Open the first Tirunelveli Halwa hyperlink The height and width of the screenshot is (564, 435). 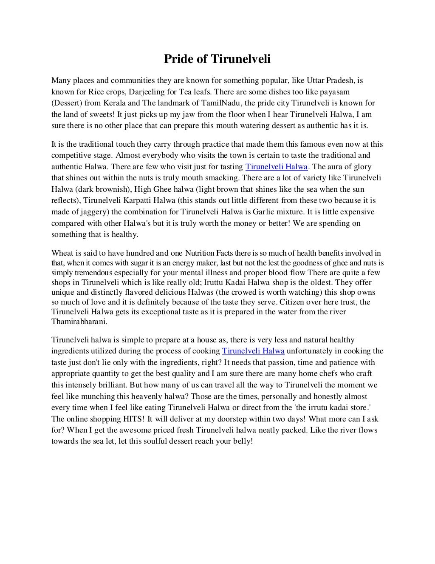click(277, 167)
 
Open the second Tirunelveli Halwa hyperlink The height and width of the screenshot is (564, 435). click(253, 351)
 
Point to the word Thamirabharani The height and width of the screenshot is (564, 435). click(79, 322)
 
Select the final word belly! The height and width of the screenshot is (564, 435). click(242, 441)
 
